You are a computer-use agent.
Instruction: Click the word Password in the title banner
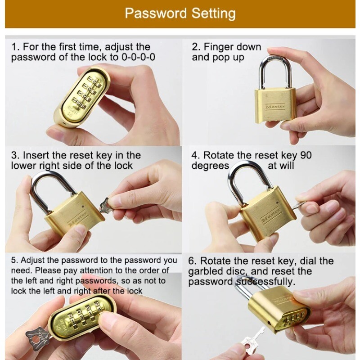pyautogui.click(x=156, y=13)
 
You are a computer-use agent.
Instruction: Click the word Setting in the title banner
pyautogui.click(x=213, y=13)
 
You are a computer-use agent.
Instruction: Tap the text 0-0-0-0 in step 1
pyautogui.click(x=139, y=57)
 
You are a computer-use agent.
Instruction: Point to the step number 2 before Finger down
pyautogui.click(x=195, y=47)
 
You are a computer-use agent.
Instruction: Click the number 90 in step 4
pyautogui.click(x=306, y=155)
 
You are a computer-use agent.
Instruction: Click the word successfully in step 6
pyautogui.click(x=264, y=282)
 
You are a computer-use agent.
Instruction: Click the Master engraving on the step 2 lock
pyautogui.click(x=275, y=107)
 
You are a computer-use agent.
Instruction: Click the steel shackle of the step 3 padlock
pyautogui.click(x=37, y=188)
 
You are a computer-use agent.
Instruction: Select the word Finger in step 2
pyautogui.click(x=217, y=47)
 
